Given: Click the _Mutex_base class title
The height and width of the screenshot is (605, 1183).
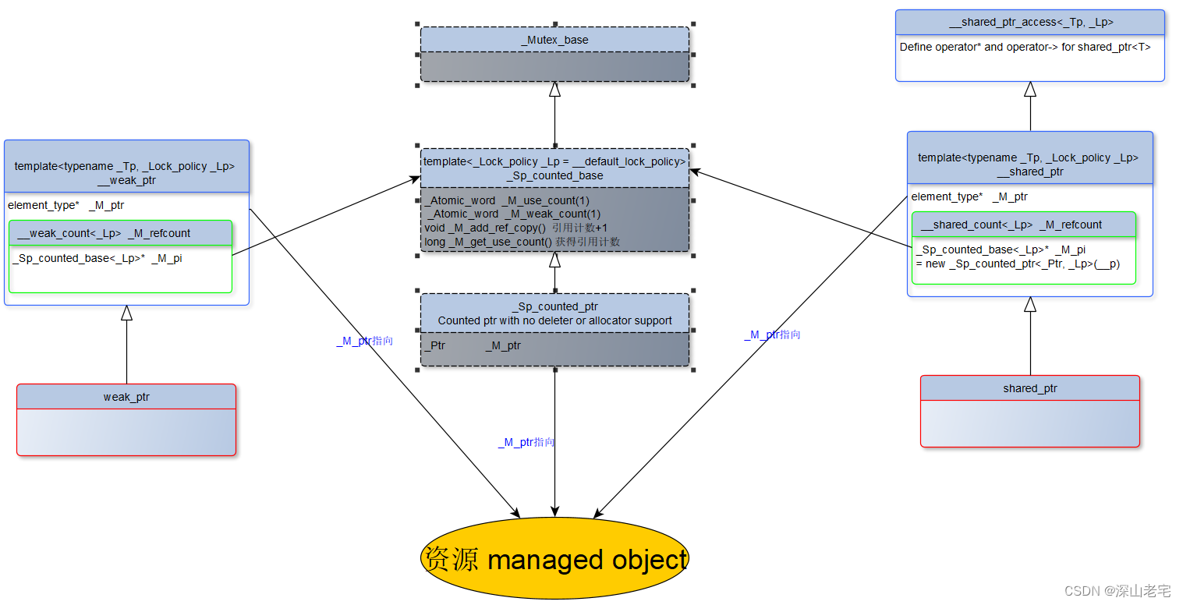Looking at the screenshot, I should pos(554,40).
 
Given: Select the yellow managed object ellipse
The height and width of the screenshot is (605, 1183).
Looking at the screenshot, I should pos(554,559).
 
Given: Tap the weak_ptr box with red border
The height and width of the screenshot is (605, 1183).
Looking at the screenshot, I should pos(126,419).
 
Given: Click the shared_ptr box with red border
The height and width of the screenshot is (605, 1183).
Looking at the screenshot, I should pos(1029,411).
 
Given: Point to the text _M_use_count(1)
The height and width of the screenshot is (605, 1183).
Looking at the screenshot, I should pos(545,200).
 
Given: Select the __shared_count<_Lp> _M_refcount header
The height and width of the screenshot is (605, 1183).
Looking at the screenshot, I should pos(1011,225).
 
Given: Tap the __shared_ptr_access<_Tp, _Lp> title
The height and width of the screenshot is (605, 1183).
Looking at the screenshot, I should pos(1029,23).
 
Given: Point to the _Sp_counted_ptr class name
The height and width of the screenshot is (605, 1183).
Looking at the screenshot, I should pos(554,306).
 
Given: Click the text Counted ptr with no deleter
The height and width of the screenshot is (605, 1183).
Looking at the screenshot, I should pos(554,320).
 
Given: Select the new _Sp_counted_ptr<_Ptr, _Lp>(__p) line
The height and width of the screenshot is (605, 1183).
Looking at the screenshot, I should pos(1018,264).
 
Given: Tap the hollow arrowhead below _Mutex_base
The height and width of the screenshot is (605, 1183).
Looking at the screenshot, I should pos(554,89).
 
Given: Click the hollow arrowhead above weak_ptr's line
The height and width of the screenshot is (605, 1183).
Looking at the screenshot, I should pos(126,313).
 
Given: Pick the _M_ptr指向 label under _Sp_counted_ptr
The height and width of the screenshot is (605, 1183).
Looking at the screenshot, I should pos(526,442).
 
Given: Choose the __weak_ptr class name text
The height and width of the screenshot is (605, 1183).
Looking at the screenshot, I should pos(126,180).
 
